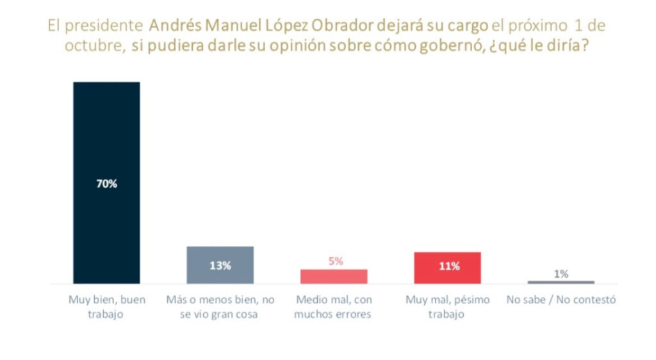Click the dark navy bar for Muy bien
tap(106, 128)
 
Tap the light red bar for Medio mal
tap(334, 276)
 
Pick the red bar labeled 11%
tap(447, 274)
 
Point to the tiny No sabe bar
tap(561, 282)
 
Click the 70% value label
tap(106, 184)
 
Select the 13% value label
tap(220, 266)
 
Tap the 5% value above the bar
tap(335, 261)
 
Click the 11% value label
tap(448, 266)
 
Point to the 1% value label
tap(561, 274)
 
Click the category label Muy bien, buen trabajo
tap(106, 307)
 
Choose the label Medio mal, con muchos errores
tap(333, 307)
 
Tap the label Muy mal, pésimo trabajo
tap(447, 307)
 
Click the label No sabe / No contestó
tap(561, 300)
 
